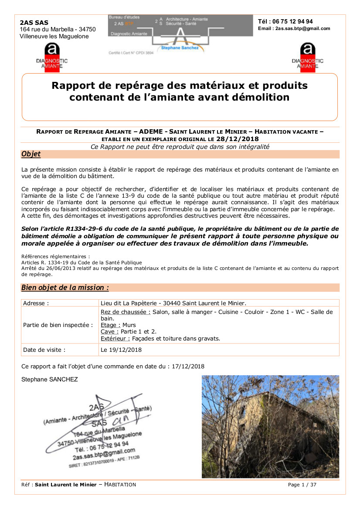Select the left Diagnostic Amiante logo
tap(52, 57)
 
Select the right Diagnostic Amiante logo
tap(308, 57)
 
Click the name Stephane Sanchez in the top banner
tap(180, 48)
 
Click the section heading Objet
tap(31, 154)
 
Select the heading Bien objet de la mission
tap(65, 287)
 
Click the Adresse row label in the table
tap(36, 303)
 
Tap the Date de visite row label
tap(44, 350)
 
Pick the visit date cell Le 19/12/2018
tap(121, 350)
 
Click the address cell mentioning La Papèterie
tap(173, 303)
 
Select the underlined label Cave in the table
tap(109, 331)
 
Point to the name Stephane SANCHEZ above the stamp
tap(50, 379)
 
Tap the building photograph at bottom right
tap(270, 426)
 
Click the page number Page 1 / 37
tap(302, 485)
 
